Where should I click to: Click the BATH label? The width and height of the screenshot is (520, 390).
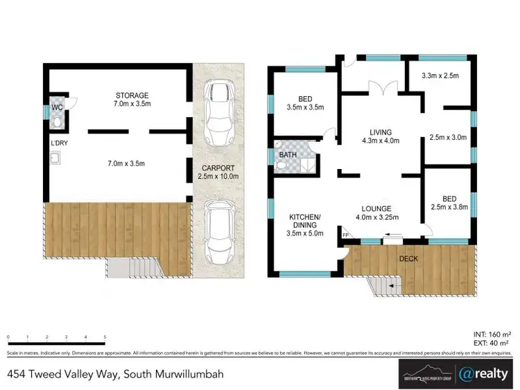click(287, 157)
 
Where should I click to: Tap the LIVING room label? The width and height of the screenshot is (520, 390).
click(381, 132)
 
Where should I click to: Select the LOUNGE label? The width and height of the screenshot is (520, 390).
click(376, 208)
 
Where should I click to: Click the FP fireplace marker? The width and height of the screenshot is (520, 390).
click(345, 236)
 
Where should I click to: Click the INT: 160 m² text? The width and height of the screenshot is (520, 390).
click(490, 334)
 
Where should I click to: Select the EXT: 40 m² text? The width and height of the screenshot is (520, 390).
click(490, 343)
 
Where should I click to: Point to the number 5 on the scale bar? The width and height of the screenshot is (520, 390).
click(104, 337)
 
